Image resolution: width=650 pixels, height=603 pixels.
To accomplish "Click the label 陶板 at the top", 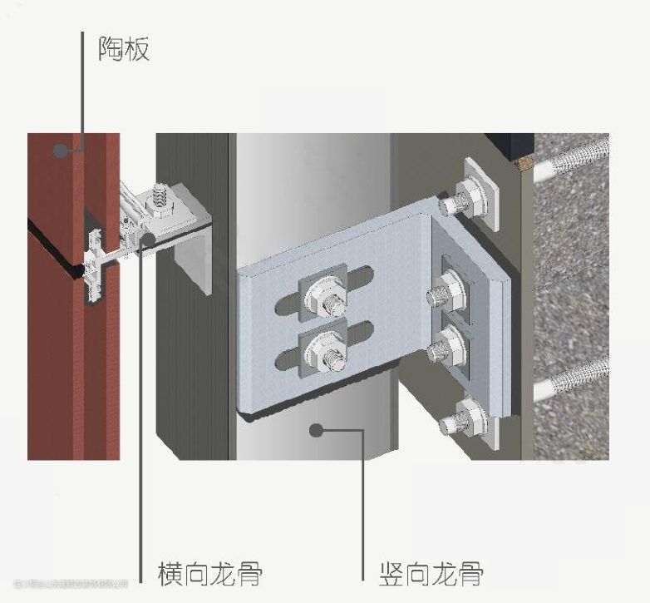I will (x=124, y=49).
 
